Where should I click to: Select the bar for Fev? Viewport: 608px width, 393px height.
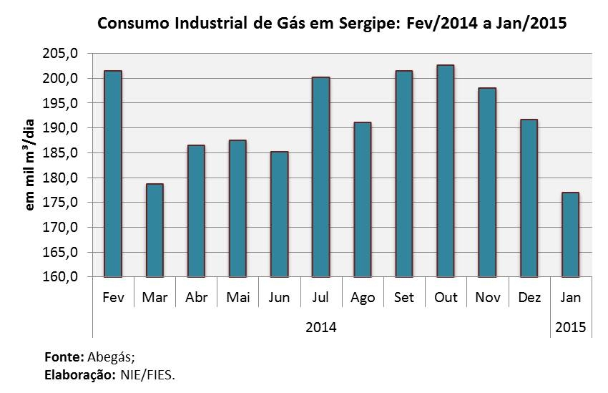[x=113, y=174]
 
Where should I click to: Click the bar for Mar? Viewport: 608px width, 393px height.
[x=155, y=231]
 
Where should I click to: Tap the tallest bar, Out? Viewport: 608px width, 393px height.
[x=445, y=171]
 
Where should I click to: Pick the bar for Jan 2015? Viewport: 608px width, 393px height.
[x=570, y=235]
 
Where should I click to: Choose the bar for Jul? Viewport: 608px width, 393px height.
[x=320, y=177]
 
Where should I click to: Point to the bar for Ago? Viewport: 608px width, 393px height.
[x=362, y=200]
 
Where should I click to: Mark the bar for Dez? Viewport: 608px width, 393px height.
[x=529, y=198]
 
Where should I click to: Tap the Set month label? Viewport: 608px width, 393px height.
[x=404, y=297]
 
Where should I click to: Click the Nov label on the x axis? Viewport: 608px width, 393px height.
[x=487, y=297]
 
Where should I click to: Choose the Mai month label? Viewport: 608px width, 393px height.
[x=237, y=297]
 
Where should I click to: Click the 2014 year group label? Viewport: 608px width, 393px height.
[x=321, y=327]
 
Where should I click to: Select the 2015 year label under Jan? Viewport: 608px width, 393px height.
[x=570, y=327]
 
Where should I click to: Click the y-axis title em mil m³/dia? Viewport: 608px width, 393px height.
[x=29, y=165]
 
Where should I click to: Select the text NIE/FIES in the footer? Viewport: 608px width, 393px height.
[x=147, y=376]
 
